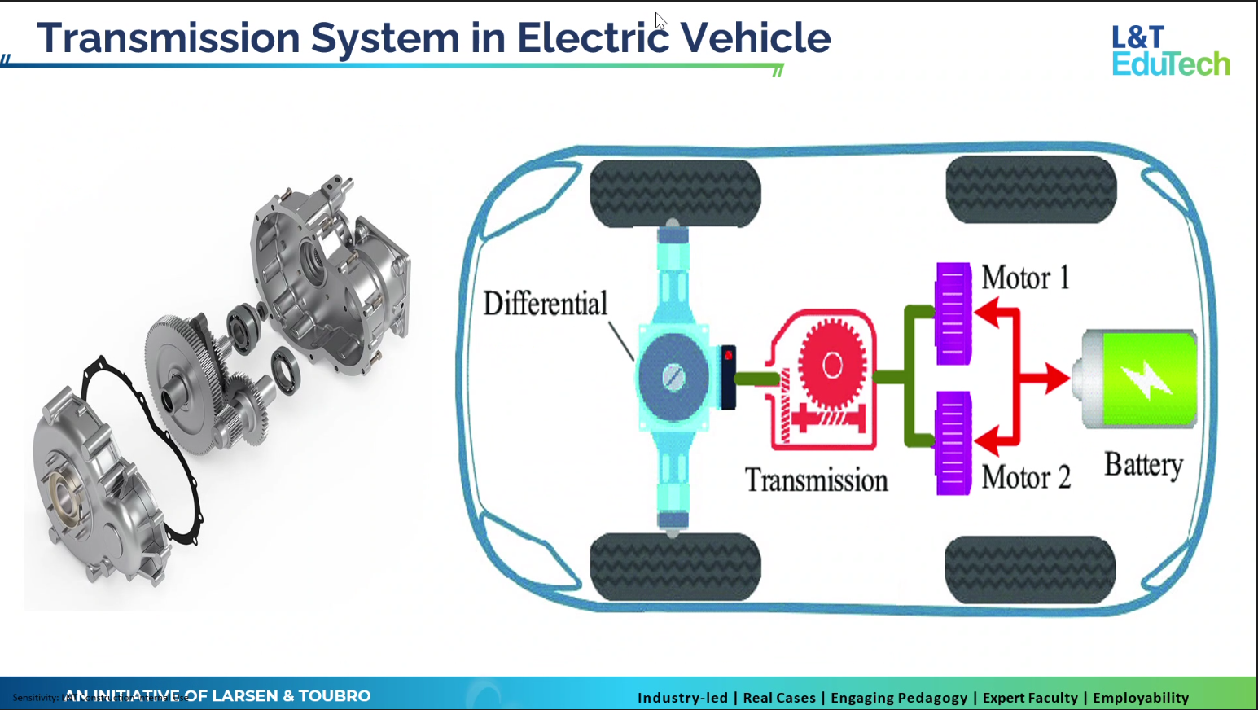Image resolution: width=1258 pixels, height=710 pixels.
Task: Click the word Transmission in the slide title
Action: coord(169,38)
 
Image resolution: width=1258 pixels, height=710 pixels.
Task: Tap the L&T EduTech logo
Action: coord(1170,50)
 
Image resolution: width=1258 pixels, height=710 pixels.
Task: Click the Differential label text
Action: coord(545,304)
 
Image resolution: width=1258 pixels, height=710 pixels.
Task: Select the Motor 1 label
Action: coord(1025,278)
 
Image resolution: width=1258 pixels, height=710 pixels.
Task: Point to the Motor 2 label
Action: coord(1025,477)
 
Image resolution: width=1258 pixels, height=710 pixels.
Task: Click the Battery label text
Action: coord(1143,465)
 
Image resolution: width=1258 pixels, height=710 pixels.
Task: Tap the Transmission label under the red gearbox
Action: coord(816,480)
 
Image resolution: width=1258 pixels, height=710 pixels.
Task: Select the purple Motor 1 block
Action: coord(953,313)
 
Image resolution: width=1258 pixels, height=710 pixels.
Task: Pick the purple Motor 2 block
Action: coord(953,443)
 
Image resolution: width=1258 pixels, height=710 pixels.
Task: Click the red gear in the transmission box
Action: coord(831,365)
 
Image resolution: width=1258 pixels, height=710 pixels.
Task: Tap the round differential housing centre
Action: coord(673,377)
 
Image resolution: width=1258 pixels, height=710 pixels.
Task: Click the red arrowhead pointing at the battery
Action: coord(1057,378)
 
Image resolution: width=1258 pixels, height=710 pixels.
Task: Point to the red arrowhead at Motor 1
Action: coord(986,312)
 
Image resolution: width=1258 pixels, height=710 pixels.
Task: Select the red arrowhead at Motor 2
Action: coord(986,442)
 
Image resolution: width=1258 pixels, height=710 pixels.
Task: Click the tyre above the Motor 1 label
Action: coord(1030,190)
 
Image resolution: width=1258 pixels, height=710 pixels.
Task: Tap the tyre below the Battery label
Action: coord(1030,570)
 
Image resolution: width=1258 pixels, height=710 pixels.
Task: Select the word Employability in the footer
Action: coord(1140,698)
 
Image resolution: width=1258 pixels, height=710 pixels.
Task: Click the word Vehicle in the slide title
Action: coord(755,38)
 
